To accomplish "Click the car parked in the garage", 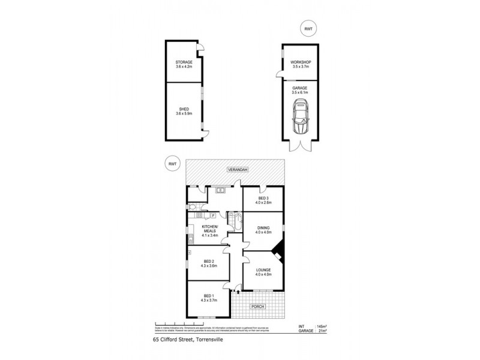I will (x=299, y=119).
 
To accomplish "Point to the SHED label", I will (x=183, y=109).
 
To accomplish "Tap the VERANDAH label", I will (x=236, y=170).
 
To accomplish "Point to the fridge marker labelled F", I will (x=212, y=215).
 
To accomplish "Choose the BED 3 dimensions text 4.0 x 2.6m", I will (x=263, y=202).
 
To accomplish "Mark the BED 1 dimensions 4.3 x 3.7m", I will (x=208, y=300).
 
